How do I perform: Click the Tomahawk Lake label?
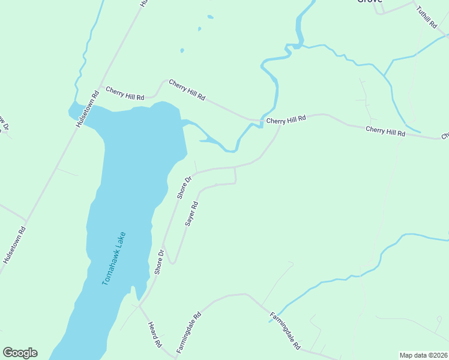pos(114,259)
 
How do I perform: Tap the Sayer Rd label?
pos(191,214)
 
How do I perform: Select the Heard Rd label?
pos(154,334)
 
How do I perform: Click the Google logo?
pos(20,353)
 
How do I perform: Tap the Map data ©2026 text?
pos(423,355)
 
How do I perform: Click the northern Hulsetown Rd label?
pos(88,109)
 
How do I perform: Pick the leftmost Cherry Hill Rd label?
pos(125,93)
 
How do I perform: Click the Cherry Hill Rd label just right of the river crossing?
pos(286,119)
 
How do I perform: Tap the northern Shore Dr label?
pos(184,187)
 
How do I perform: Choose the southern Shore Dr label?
pos(159,262)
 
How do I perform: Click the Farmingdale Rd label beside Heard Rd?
pos(188,332)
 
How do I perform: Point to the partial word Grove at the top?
pos(370,2)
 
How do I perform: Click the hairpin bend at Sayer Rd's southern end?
pos(173,262)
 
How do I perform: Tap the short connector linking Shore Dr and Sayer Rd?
pos(235,176)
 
